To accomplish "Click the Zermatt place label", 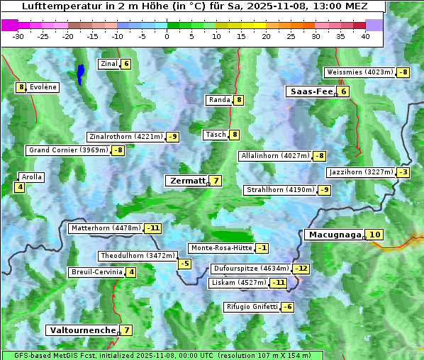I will coord(186,181).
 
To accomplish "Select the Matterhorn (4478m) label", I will coord(106,228).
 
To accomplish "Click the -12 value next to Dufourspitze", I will coord(302,269).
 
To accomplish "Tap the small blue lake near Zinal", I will coord(81,73).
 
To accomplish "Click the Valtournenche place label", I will coord(82,330).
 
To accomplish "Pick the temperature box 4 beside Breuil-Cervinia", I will coord(131,272).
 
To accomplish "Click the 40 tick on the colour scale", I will coord(365,36).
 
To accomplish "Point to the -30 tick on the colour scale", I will coord(18,36).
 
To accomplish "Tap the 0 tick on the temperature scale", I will coord(167,36).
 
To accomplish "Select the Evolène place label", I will coord(43,87).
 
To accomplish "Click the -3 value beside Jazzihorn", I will coord(403,172).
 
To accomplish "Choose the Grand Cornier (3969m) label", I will coord(69,150).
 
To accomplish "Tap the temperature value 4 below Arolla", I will coord(20,188).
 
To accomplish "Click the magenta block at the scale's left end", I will coord(10,25).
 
